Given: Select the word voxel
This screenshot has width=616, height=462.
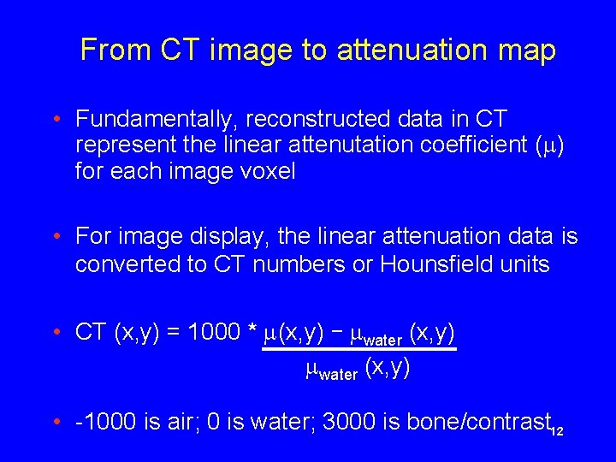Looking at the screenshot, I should [x=265, y=171].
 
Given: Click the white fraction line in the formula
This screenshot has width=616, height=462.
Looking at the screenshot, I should [x=358, y=349].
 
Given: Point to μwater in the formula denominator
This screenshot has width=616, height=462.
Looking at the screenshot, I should [x=332, y=370].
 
